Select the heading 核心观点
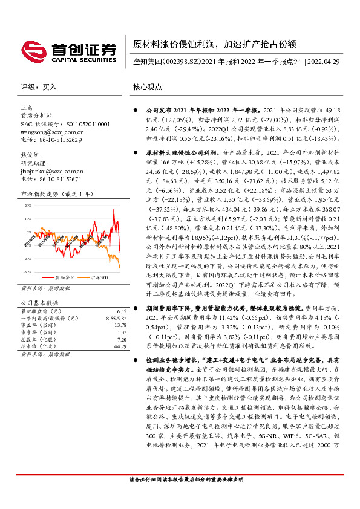pyautogui.click(x=148, y=87)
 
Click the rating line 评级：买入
pyautogui.click(x=39, y=87)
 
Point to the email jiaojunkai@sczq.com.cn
pyautogui.click(x=52, y=171)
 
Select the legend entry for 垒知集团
pyautogui.click(x=64, y=277)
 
